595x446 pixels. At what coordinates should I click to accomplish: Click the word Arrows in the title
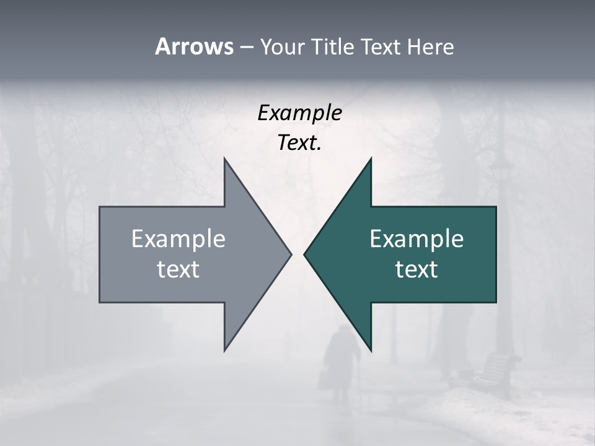click(x=194, y=46)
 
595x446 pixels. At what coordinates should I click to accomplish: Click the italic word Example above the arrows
click(x=299, y=113)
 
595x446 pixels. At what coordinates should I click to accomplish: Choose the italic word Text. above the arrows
click(x=299, y=143)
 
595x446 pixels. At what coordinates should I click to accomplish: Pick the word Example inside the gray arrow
click(x=178, y=239)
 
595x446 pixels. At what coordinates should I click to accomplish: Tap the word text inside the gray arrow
click(x=178, y=269)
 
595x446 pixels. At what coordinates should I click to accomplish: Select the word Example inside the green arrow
click(x=416, y=239)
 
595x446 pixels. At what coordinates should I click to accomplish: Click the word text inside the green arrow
click(x=416, y=269)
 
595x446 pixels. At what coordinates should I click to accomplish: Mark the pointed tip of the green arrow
click(x=305, y=254)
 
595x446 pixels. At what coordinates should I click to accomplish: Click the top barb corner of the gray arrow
click(x=225, y=159)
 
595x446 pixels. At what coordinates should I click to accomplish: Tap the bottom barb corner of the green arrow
click(x=371, y=350)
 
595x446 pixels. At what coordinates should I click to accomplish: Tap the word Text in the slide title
click(x=382, y=46)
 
